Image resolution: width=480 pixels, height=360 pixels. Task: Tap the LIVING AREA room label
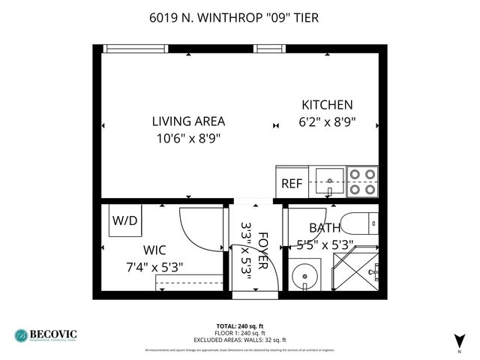188,121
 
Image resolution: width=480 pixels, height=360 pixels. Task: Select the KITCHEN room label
327,105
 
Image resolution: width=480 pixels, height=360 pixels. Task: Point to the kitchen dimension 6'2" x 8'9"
327,121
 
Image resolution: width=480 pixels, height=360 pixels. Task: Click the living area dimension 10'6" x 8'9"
188,138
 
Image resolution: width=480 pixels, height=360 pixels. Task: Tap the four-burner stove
362,181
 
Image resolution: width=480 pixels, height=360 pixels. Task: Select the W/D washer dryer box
125,220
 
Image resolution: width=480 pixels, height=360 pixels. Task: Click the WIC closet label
155,250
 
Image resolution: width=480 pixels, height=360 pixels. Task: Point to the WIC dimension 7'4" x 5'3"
154,266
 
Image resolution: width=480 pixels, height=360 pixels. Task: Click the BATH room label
324,228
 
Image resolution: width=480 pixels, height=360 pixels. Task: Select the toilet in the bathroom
358,223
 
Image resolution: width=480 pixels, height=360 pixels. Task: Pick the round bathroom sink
305,275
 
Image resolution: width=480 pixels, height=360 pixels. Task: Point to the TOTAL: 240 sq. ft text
240,325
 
